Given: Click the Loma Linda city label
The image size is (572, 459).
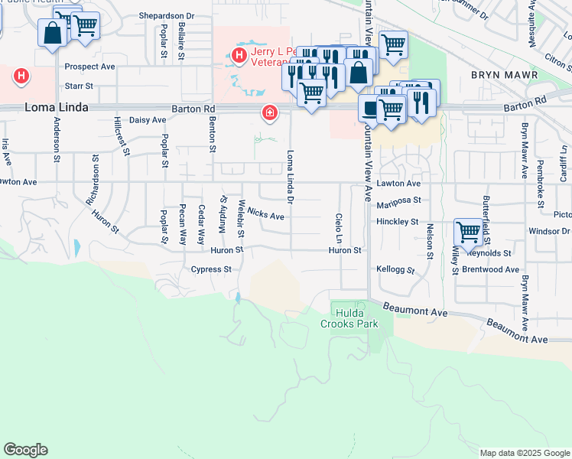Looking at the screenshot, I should [x=57, y=107].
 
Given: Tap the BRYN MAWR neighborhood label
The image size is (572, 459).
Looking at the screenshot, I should [x=505, y=76].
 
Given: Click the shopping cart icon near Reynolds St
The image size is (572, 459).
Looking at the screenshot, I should [x=467, y=230].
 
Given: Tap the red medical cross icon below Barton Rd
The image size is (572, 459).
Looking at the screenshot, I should [x=269, y=113].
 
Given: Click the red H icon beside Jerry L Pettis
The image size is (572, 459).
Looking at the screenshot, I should [x=239, y=55].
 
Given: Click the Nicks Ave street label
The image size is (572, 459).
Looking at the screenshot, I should [x=266, y=216].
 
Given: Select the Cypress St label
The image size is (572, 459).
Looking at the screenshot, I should [x=211, y=269].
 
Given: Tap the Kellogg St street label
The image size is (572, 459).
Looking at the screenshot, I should [x=395, y=270].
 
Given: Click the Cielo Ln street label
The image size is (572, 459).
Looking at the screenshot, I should [x=339, y=225].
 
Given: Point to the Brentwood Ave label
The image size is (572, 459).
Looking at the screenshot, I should [x=490, y=270].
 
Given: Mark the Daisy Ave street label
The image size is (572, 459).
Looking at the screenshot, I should [x=148, y=120].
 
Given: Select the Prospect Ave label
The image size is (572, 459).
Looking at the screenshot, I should [x=89, y=67].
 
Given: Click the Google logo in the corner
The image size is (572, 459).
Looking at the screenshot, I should [x=25, y=450].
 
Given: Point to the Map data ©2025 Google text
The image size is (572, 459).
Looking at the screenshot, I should [x=525, y=453].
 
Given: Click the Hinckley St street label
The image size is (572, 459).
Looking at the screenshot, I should [x=398, y=222].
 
